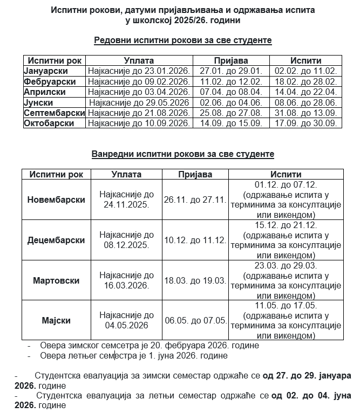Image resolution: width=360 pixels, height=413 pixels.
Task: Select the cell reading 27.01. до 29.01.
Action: click(x=230, y=71)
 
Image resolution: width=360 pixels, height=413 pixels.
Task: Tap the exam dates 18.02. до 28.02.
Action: click(x=305, y=81)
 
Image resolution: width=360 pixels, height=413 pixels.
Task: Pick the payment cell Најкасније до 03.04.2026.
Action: click(x=139, y=92)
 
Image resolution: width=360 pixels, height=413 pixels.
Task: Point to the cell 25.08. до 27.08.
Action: click(x=230, y=113)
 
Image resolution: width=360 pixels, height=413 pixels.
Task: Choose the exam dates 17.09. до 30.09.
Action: click(x=305, y=123)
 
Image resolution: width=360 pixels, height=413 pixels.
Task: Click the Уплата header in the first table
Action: click(x=139, y=61)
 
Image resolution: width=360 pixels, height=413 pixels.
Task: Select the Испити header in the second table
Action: click(x=286, y=175)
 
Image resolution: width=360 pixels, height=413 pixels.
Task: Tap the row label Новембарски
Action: click(x=56, y=199)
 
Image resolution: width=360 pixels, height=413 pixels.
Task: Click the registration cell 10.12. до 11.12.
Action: click(x=195, y=240)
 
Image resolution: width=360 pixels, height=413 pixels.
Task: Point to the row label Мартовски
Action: click(x=56, y=280)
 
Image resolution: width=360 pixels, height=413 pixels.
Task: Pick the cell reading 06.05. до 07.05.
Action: click(x=195, y=321)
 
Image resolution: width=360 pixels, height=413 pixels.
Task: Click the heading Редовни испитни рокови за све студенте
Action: click(x=182, y=40)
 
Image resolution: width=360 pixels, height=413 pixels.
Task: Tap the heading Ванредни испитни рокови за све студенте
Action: click(x=182, y=154)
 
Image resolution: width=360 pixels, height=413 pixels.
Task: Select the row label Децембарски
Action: click(x=56, y=240)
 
